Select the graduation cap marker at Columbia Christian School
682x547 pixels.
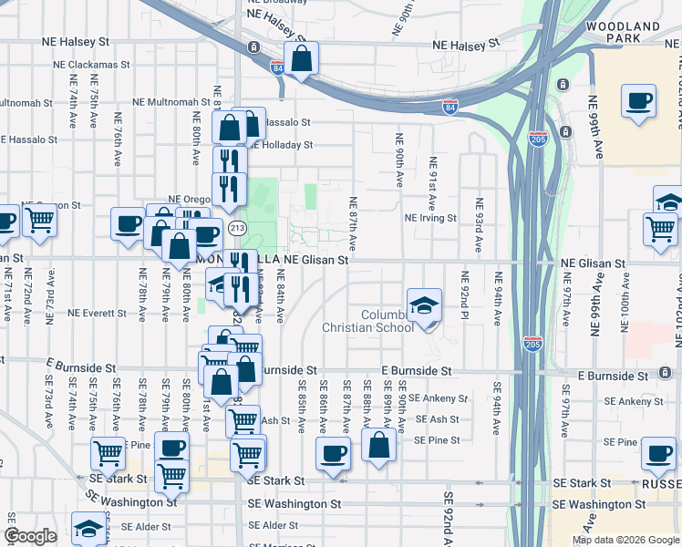[x=424, y=306]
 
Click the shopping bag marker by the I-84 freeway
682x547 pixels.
[x=302, y=59]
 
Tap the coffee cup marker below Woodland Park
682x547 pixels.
[x=638, y=100]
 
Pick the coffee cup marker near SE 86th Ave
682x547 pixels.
[x=333, y=452]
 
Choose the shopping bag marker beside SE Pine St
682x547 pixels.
[x=378, y=446]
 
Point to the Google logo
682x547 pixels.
[x=30, y=536]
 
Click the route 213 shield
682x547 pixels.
[x=238, y=227]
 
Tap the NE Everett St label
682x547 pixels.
[x=95, y=314]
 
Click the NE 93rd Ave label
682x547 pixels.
[x=477, y=226]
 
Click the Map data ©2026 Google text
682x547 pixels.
[x=625, y=540]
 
